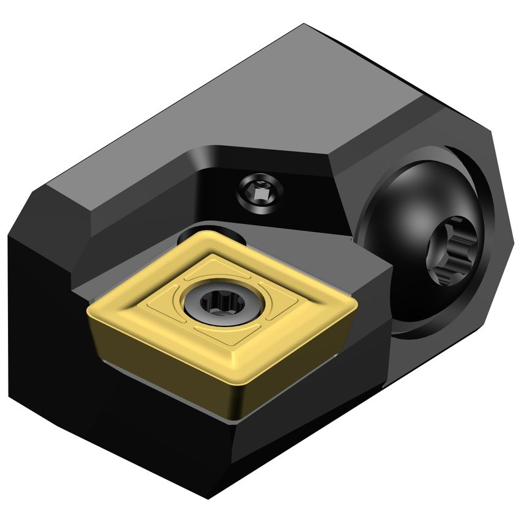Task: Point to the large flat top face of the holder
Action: (244, 104)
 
